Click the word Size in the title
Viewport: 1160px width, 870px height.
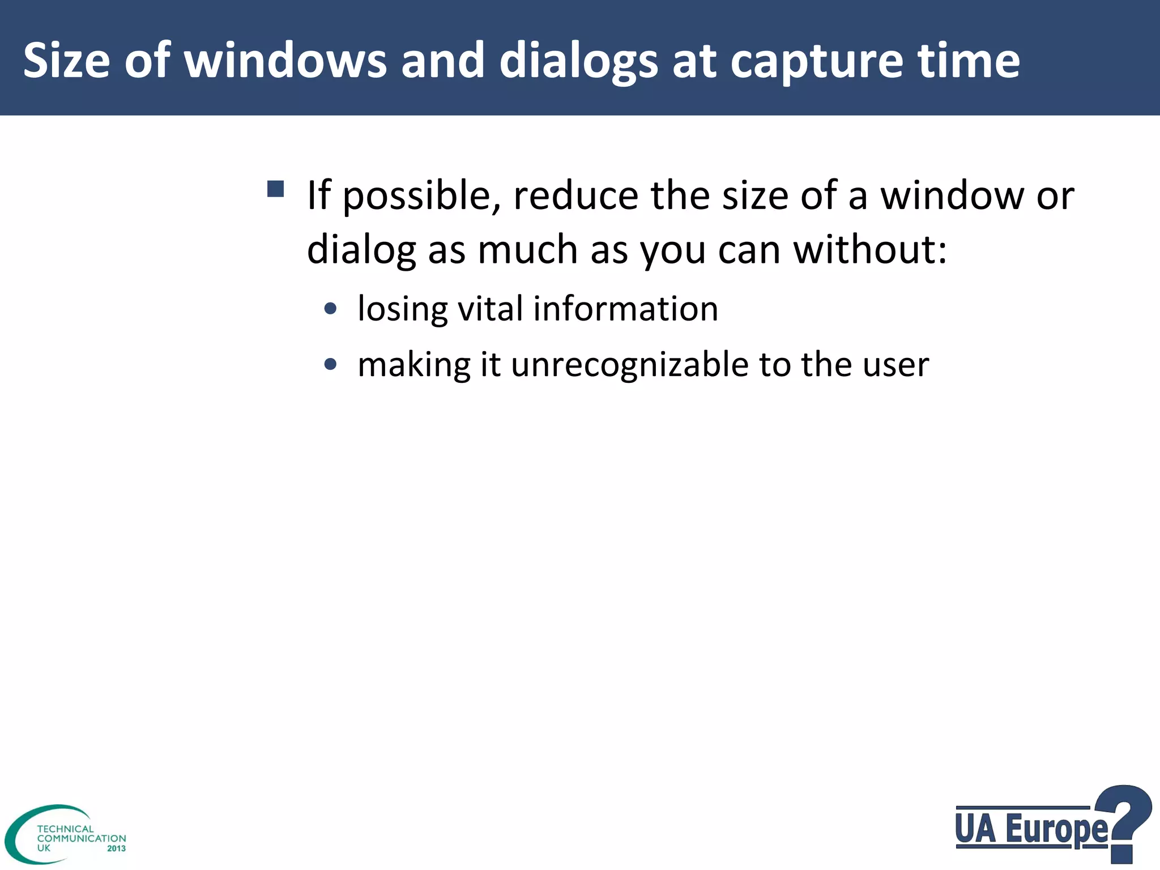[x=66, y=61]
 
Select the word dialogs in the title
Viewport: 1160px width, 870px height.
[x=578, y=61]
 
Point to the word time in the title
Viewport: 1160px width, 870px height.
[x=969, y=61]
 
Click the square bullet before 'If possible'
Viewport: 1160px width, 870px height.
[x=275, y=189]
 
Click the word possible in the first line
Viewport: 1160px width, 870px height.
[x=422, y=196]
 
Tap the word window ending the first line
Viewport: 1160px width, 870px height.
[x=953, y=196]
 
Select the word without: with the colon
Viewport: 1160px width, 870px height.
[x=870, y=250]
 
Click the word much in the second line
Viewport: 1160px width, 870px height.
[x=527, y=250]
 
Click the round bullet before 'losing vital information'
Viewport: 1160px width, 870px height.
[x=331, y=309]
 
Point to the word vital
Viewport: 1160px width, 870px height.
[x=489, y=309]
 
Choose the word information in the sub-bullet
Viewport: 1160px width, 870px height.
[x=625, y=309]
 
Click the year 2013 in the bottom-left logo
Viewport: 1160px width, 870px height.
[x=116, y=848]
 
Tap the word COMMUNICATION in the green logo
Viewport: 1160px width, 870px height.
[x=82, y=838]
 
